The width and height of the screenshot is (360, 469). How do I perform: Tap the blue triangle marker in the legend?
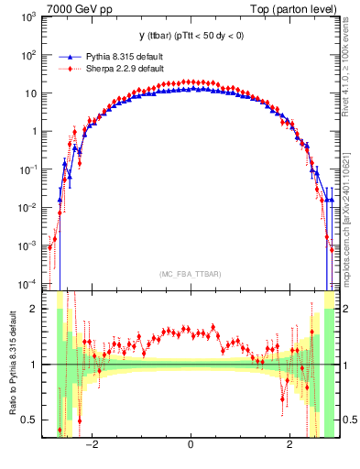coord(61,56)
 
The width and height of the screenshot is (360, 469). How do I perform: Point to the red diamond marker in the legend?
coord(61,68)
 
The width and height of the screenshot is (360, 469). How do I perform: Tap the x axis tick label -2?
coord(91,445)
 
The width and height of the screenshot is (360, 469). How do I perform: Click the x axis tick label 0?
coord(190,445)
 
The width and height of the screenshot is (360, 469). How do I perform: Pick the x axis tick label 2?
coord(289,445)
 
